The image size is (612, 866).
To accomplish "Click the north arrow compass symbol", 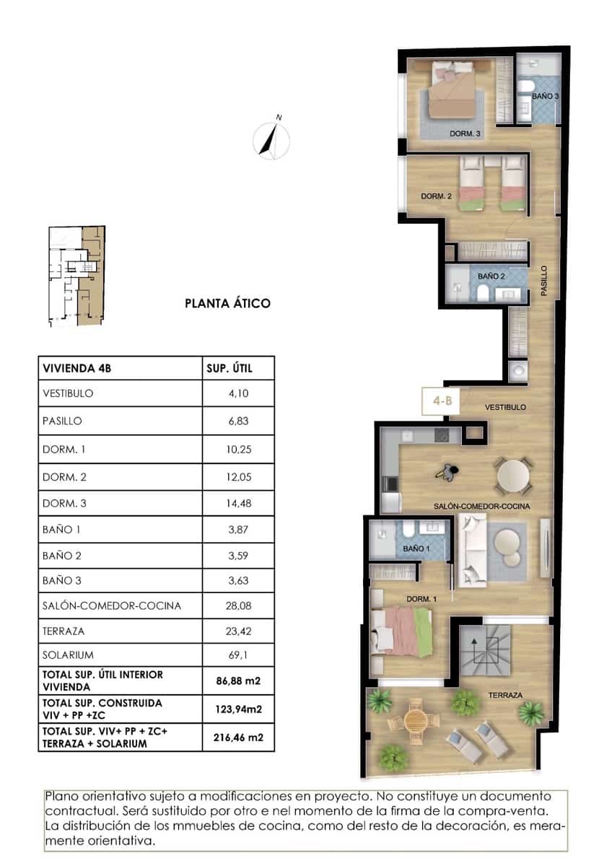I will pos(273,139).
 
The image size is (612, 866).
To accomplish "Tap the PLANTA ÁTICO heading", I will pos(228,303).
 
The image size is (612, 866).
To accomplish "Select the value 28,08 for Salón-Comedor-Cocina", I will pos(237,605).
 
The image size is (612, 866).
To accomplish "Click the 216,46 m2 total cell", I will pos(237,737).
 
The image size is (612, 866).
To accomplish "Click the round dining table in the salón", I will pos(513,475).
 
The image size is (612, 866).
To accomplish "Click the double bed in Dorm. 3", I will pos(453,92).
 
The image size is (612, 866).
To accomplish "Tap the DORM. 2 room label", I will pos(436,196).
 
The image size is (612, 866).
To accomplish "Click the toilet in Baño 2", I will pos(483,292).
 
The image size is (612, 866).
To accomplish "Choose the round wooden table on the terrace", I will pos(416,719).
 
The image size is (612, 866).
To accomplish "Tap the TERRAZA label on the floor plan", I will pos(505,695).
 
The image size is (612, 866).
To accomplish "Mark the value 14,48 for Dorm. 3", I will pos(237,503).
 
